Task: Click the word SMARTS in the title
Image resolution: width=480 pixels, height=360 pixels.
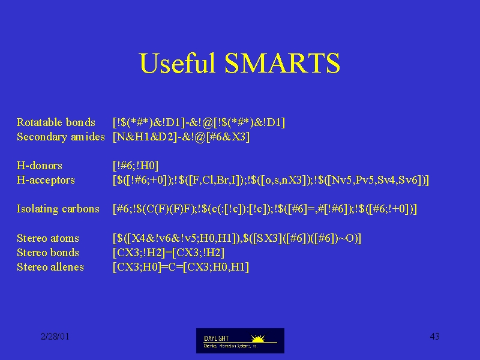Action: (282, 63)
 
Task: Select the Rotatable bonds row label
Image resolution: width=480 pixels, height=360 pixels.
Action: (56, 122)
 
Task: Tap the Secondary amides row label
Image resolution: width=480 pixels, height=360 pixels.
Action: (61, 137)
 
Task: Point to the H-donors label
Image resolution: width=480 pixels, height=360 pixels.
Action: (39, 166)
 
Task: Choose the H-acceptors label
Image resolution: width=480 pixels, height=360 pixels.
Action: (46, 180)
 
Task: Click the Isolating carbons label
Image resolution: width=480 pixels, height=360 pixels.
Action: (58, 209)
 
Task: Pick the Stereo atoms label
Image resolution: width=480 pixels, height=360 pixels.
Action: (48, 238)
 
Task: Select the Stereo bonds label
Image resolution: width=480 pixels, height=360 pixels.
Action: (48, 253)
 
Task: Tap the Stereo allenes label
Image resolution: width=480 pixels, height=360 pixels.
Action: (50, 267)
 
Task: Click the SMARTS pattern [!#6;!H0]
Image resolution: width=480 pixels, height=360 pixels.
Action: (136, 166)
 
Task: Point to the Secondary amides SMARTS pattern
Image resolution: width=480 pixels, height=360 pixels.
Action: (181, 137)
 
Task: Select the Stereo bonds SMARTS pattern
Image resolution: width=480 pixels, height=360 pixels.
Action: (169, 253)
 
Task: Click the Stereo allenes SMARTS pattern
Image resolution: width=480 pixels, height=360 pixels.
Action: (181, 267)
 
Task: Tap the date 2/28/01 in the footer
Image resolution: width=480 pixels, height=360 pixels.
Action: (55, 337)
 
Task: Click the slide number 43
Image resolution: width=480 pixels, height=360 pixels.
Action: (434, 337)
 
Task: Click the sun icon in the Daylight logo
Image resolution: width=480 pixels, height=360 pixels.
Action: (258, 338)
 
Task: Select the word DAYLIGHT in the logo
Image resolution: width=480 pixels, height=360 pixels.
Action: (216, 338)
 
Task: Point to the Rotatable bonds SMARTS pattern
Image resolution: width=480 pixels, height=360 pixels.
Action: (199, 122)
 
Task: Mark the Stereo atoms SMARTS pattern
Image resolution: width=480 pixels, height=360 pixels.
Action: (237, 238)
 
